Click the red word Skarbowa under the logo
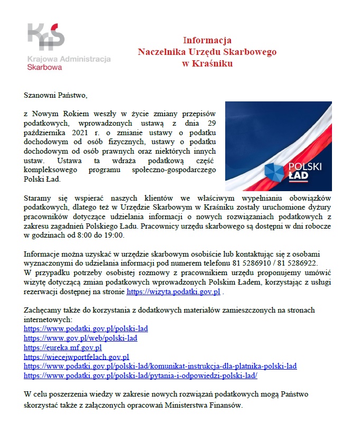44,68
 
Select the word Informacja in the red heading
207,40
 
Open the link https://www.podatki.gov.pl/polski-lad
86,328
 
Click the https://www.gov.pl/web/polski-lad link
81,338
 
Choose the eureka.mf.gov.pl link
63,347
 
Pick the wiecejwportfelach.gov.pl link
77,357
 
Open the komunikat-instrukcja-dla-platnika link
160,366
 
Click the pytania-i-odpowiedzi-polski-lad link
141,375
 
